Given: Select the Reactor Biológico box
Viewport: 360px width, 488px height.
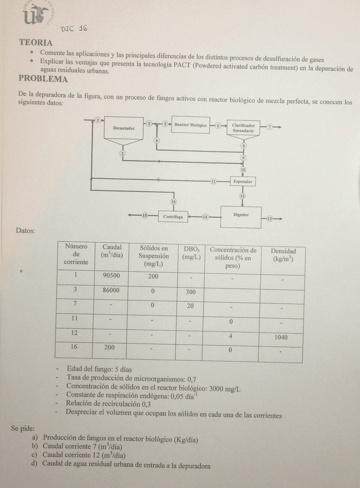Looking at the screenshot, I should [190, 125].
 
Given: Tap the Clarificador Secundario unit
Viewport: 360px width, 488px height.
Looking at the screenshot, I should [243, 128].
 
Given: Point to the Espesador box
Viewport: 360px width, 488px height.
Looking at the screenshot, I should [243, 181].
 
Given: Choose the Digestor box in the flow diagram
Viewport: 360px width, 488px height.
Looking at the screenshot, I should [240, 216].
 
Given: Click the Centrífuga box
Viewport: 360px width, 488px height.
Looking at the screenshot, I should [173, 217].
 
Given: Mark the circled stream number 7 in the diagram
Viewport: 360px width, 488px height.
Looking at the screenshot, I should [269, 125].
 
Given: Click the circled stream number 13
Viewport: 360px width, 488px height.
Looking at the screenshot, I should [269, 219].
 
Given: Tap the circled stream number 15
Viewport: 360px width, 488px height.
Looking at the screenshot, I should [145, 216].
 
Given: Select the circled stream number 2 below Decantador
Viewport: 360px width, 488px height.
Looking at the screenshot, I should [122, 153].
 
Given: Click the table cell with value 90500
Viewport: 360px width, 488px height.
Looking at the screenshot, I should [112, 276].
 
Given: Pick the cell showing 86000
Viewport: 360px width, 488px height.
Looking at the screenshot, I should [112, 291].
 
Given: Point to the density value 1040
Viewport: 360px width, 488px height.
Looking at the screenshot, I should [279, 337].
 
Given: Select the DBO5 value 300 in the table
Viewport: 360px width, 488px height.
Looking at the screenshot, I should [190, 292].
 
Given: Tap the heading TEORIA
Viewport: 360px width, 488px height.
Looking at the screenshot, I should [36, 43].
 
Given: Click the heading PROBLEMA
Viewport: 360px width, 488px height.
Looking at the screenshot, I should [43, 79].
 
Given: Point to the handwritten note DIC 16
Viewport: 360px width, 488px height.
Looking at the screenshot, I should [74, 29].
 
